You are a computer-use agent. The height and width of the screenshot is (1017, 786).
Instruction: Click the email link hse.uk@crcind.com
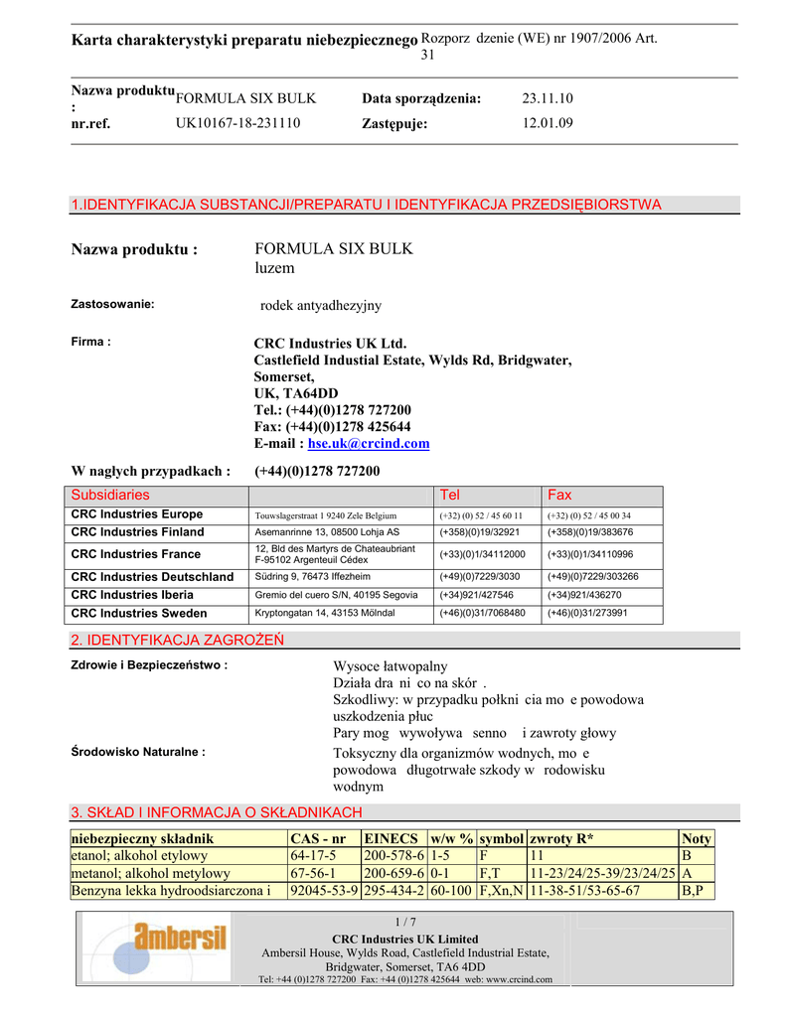click(369, 444)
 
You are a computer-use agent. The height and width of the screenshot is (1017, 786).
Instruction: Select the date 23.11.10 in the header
click(548, 98)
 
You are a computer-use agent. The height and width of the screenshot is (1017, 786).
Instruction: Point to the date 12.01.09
click(548, 123)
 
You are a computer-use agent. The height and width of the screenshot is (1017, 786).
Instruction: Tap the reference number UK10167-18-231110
click(238, 123)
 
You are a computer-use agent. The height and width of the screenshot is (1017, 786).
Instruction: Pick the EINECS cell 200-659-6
click(394, 873)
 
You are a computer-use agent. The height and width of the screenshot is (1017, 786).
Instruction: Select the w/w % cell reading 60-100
click(451, 891)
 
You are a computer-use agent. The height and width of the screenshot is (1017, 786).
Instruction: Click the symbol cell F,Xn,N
click(502, 891)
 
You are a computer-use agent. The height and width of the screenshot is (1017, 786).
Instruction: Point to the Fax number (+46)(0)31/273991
click(587, 613)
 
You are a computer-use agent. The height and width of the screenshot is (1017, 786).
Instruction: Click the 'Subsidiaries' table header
click(110, 495)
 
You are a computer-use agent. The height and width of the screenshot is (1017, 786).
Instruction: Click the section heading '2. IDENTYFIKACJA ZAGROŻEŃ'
click(178, 640)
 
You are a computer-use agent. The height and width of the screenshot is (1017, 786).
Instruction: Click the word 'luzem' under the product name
click(274, 268)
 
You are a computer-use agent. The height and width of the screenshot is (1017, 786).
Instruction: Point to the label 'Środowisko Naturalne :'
click(138, 752)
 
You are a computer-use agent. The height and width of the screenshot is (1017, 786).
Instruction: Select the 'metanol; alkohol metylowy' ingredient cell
click(151, 873)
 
